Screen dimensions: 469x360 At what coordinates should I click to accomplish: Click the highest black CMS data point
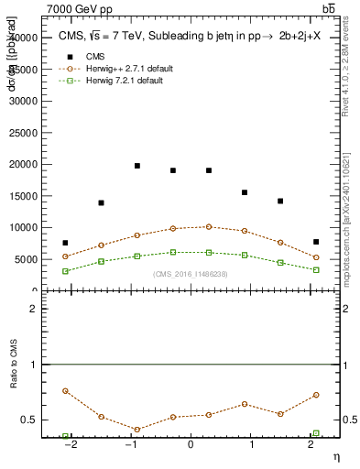[136, 166]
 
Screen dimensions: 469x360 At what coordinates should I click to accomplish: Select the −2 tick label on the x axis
[69, 446]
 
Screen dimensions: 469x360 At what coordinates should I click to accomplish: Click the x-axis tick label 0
[191, 446]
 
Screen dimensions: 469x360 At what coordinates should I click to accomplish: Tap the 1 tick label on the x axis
[251, 446]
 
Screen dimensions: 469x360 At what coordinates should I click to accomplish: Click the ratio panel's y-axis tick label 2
[33, 309]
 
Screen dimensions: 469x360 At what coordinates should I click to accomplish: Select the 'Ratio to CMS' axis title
[13, 381]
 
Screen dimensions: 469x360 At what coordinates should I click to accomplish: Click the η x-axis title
[335, 456]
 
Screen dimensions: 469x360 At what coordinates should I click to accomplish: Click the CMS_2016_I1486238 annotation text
[191, 274]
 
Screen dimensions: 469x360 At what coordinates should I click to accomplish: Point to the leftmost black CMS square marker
[65, 243]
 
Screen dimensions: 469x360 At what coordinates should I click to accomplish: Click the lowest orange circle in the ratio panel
[136, 429]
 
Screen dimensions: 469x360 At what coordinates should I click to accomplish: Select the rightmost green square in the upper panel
[316, 270]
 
